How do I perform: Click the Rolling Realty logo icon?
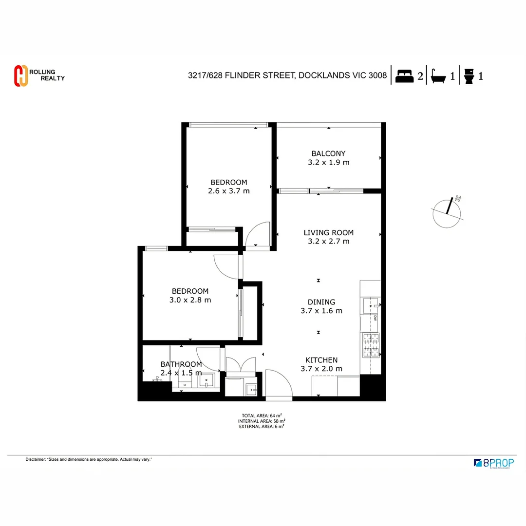[x=20, y=75]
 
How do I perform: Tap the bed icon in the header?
[x=404, y=76]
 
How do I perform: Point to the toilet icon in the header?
[x=469, y=76]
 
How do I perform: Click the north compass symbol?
[x=447, y=212]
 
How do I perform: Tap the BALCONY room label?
[x=328, y=153]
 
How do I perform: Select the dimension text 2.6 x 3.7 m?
[x=228, y=191]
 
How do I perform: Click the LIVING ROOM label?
[x=328, y=232]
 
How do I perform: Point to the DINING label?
[x=321, y=302]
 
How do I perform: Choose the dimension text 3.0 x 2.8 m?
[x=190, y=300]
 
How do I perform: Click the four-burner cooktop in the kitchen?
[x=370, y=345]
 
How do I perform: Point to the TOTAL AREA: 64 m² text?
[x=262, y=415]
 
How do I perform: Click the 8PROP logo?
[x=494, y=463]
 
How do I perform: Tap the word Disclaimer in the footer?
[x=35, y=459]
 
